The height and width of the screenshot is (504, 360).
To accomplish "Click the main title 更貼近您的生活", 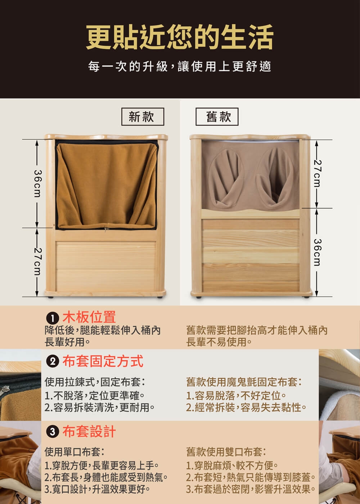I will point(180,37).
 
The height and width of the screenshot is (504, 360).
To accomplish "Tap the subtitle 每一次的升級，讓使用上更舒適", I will point(180,67).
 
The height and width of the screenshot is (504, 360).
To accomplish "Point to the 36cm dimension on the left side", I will point(37,184).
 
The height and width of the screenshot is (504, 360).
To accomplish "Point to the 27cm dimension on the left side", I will point(37,262).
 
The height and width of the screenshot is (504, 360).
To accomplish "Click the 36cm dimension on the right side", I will point(316,252).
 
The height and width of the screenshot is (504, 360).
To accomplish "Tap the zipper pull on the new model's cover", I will point(105,229).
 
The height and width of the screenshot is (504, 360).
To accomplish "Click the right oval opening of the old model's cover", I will point(275,177).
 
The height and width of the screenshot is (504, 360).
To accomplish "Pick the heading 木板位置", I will point(89,317).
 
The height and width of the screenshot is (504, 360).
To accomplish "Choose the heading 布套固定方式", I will point(103,361).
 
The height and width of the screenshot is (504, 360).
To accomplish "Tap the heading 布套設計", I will point(89,431).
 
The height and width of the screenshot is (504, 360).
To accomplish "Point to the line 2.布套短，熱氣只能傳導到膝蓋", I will point(251,478).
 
